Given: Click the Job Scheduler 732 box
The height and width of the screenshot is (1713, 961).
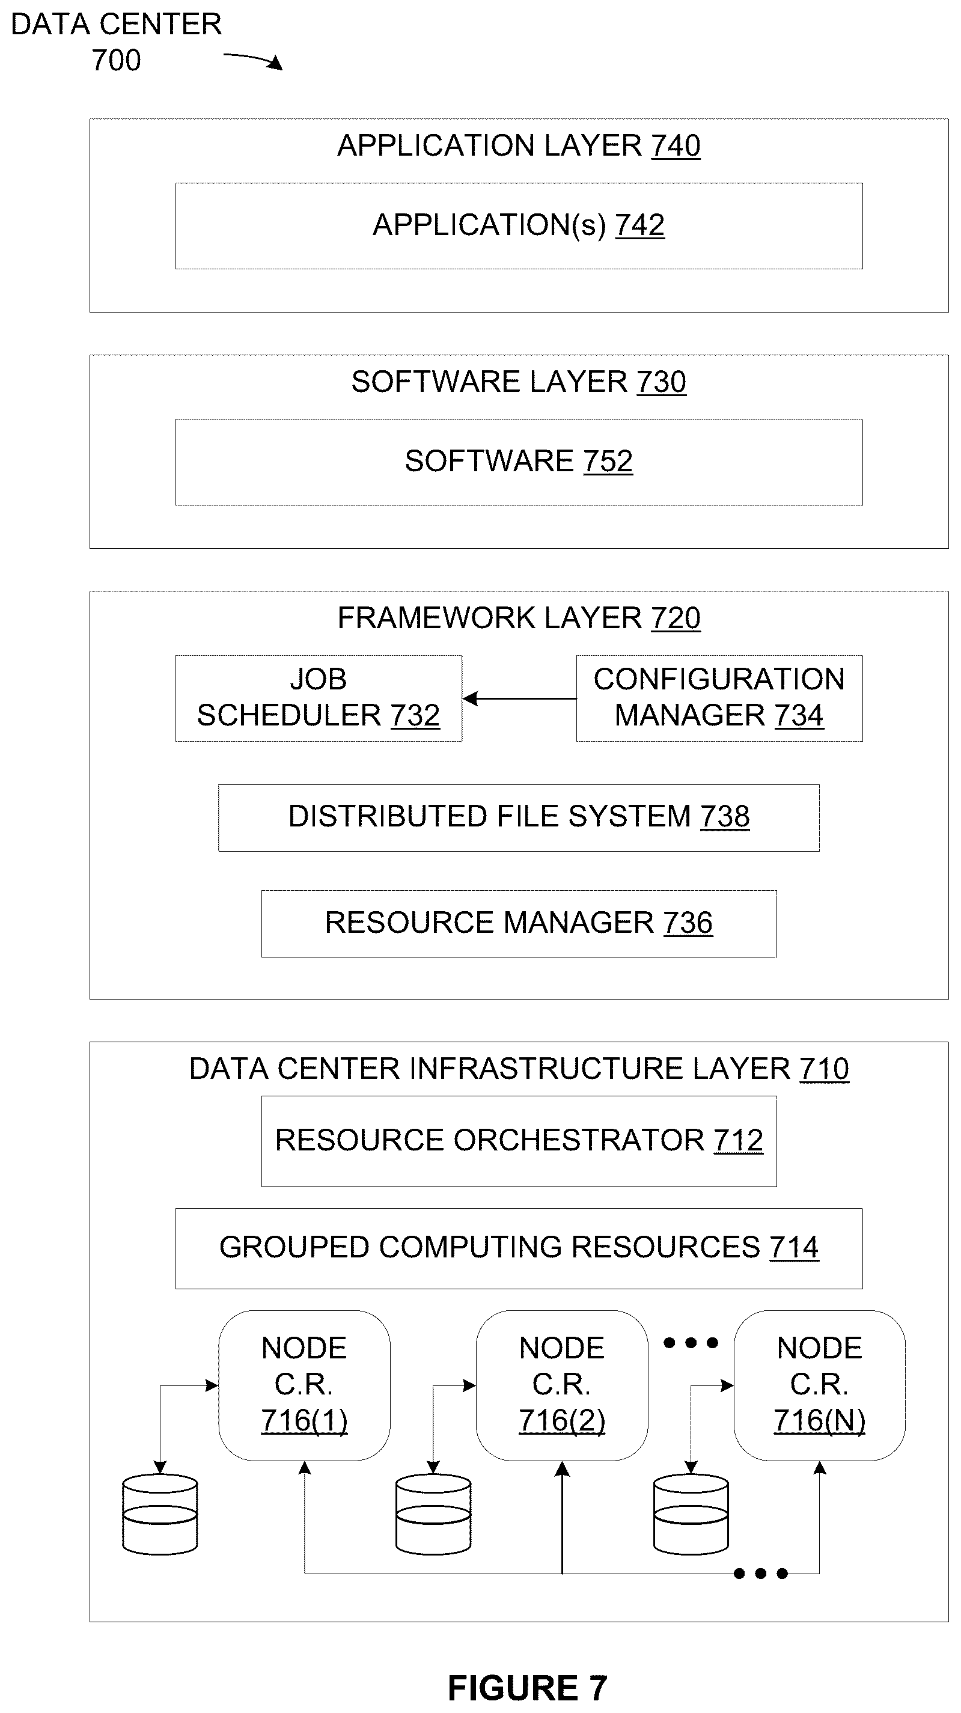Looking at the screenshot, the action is click(319, 698).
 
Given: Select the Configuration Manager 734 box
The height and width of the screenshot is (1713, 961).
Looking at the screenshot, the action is click(719, 698).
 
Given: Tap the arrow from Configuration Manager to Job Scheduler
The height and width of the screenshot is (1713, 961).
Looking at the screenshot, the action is click(519, 698).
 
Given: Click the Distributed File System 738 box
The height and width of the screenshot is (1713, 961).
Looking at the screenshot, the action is click(519, 818).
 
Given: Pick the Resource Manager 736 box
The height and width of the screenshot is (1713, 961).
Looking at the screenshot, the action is click(519, 924).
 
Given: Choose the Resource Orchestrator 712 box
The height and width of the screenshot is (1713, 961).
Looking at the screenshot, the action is click(519, 1141).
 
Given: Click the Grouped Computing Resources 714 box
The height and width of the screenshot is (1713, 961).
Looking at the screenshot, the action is click(519, 1248).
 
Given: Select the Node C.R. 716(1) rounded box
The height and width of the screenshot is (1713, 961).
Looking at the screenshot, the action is click(305, 1385).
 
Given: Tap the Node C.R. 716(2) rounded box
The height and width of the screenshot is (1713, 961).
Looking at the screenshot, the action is click(562, 1385).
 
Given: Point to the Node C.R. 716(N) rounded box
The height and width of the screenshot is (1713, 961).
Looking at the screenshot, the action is click(819, 1385).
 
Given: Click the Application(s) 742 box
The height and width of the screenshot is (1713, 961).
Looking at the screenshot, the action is click(519, 226).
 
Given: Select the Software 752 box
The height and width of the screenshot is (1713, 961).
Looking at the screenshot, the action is click(519, 462).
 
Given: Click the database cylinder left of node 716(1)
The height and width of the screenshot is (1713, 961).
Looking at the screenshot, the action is click(160, 1514).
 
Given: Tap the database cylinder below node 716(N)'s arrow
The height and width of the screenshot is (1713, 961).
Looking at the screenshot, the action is click(691, 1514).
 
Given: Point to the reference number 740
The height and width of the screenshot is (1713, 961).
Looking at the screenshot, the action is click(676, 145).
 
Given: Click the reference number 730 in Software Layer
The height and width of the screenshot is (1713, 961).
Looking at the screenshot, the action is click(661, 382).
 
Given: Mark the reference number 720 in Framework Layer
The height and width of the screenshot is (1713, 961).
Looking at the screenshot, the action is click(676, 618).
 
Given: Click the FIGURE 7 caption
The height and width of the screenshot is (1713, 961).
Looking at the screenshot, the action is click(528, 1688).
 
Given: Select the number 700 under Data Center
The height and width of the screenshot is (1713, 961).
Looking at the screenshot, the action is click(117, 61).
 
